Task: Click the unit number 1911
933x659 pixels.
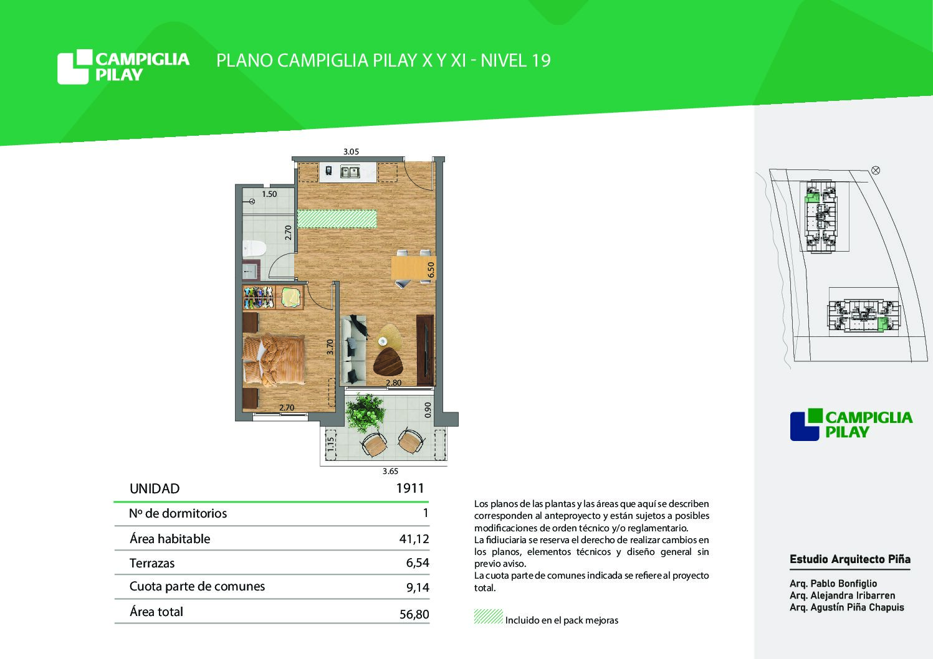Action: coord(410,488)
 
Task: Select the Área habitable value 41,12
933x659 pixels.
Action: coord(414,539)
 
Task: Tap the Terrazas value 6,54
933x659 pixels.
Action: coord(418,563)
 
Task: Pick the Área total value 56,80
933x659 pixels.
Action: coord(414,614)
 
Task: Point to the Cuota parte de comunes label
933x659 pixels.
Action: coord(197,587)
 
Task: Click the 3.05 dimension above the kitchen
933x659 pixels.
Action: coord(351,151)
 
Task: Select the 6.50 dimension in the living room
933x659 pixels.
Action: coord(431,270)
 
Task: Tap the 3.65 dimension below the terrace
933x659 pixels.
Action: coord(390,472)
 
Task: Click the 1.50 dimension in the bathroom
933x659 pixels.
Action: coord(269,194)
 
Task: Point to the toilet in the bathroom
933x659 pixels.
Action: coord(254,249)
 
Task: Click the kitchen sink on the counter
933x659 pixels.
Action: coord(350,171)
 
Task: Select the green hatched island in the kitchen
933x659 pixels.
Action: coord(337,219)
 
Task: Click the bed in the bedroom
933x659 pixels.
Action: coord(274,359)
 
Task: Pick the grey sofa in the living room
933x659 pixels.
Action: coord(353,349)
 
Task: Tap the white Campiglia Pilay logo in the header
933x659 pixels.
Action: coord(123,67)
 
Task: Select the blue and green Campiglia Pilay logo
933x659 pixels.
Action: coord(851,425)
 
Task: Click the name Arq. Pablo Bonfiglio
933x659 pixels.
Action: coord(833,584)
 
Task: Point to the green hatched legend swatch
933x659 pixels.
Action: coord(488,616)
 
